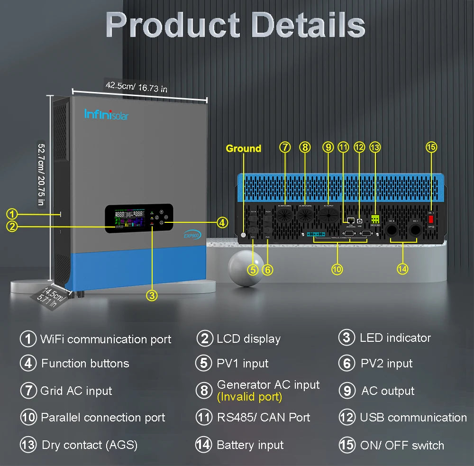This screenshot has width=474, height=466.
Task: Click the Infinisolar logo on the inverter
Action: (106, 114)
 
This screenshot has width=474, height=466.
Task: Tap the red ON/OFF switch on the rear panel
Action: (431, 220)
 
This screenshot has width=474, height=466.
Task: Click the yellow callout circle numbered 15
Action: (431, 147)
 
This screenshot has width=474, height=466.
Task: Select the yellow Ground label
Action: (243, 148)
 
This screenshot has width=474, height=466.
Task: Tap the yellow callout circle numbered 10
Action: (337, 269)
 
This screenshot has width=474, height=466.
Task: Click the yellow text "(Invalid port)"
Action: (249, 397)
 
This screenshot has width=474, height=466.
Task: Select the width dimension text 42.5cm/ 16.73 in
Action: (136, 87)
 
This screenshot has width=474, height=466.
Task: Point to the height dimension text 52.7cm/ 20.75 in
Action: (41, 174)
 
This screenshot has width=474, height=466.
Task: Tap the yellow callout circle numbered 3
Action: (151, 295)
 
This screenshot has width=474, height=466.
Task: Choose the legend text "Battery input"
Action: (250, 445)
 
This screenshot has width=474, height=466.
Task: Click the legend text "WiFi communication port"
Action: (106, 339)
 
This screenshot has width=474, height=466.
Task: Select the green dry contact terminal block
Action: (375, 219)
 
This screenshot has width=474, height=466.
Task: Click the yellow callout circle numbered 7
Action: (284, 147)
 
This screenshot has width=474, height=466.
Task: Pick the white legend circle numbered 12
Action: (347, 418)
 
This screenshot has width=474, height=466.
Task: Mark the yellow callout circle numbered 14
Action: (402, 269)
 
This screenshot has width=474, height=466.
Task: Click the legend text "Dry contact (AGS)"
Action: (90, 445)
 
